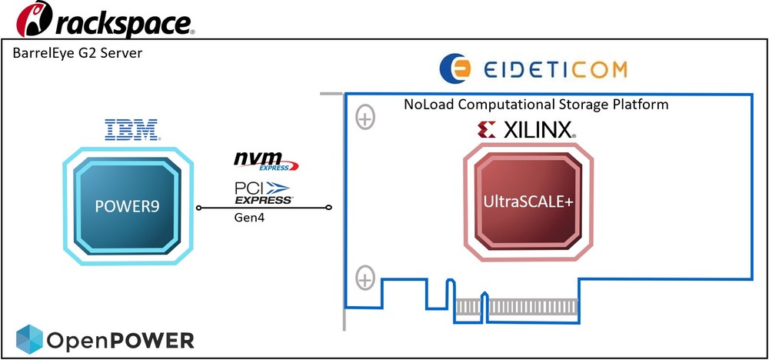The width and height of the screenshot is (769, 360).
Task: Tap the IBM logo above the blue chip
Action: [131, 129]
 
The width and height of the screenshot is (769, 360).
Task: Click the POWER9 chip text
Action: [127, 205]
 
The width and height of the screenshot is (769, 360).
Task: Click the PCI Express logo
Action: [263, 192]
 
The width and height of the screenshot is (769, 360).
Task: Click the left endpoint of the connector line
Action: [198, 208]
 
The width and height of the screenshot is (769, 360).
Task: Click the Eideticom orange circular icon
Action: [456, 68]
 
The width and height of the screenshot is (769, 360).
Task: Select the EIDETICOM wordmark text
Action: [555, 69]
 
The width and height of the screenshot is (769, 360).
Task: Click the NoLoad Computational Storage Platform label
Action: [536, 103]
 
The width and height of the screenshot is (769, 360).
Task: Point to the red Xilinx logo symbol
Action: [486, 129]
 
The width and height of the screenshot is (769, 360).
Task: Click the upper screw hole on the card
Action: [365, 118]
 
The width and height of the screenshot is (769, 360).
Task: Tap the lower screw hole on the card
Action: [365, 276]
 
